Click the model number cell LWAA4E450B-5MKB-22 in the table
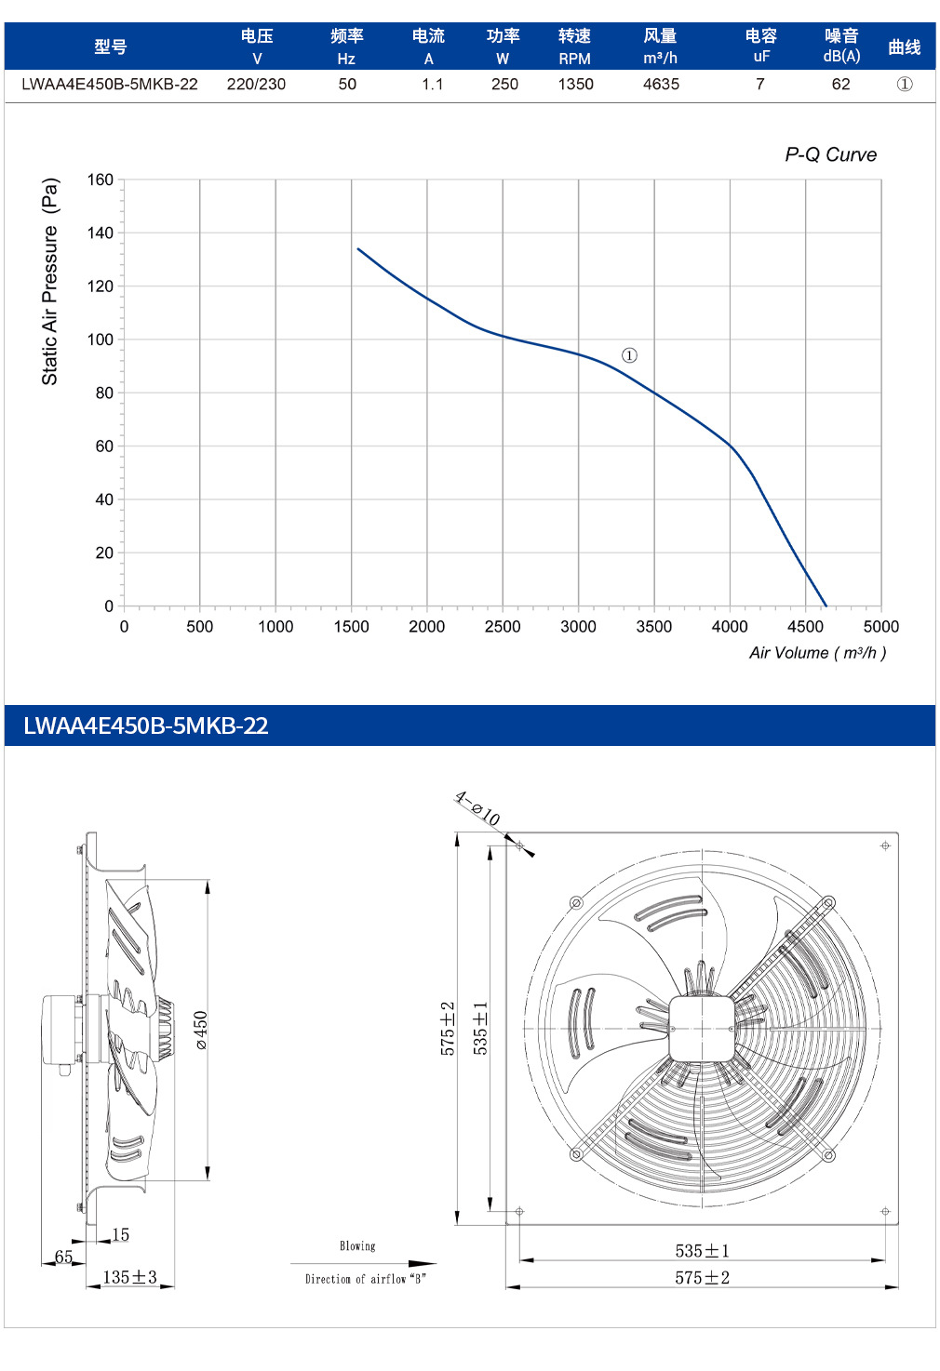tap(110, 84)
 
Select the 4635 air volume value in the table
tap(661, 84)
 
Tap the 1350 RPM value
tap(575, 84)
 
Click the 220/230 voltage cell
tap(256, 84)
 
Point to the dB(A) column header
tap(841, 57)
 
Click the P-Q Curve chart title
tap(830, 154)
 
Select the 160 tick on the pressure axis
tap(101, 180)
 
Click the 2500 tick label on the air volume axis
tap(503, 626)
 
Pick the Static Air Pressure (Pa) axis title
tap(49, 281)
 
